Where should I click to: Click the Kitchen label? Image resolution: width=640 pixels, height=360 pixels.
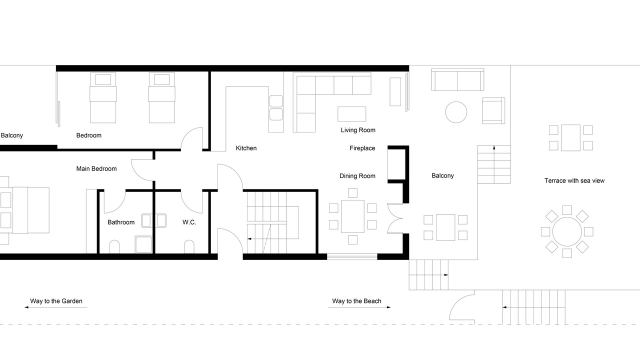coord(246,148)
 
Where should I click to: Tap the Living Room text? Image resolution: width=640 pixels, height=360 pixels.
coord(358,130)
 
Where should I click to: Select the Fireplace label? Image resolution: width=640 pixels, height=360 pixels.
coord(362,148)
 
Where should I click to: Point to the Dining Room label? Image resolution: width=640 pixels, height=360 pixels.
coord(357,176)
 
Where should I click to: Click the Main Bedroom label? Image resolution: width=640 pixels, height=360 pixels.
coord(96,169)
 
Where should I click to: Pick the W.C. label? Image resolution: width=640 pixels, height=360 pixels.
coord(189,222)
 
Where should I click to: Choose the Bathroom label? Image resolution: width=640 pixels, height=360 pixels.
coord(121,222)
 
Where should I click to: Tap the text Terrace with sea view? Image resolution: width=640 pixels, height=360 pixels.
coord(574,180)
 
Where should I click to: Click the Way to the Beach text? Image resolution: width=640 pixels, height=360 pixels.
coord(356,301)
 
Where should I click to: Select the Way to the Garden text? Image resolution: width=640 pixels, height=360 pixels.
coord(56,301)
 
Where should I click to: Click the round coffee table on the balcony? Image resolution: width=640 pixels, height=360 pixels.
coord(456,112)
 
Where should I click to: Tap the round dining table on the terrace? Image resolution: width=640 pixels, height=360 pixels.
coord(567,231)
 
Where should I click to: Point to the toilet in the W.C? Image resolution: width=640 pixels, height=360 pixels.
coord(189,247)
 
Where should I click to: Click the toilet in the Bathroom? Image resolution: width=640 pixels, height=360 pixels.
coord(114,247)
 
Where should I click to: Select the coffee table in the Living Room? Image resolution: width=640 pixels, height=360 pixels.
coord(351,114)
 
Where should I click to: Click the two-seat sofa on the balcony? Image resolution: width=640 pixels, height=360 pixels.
coord(457,79)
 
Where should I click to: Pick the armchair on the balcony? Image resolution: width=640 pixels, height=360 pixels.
coord(493,111)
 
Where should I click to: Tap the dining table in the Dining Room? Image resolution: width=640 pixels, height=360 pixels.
coord(352,216)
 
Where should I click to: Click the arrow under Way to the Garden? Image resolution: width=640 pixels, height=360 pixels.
coord(55,307)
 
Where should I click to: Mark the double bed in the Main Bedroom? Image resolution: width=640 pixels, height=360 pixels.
coord(24,210)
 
